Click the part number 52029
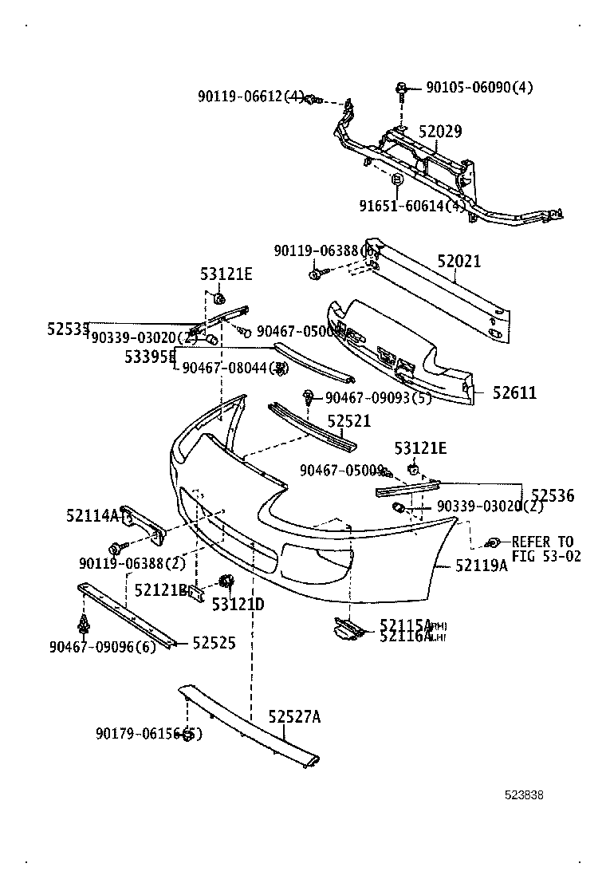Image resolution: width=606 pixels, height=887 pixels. [x=440, y=132]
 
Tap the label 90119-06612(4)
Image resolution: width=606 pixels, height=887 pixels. [x=251, y=97]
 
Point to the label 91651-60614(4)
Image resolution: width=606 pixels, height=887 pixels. [x=412, y=206]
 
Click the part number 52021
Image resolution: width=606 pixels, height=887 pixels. [x=458, y=262]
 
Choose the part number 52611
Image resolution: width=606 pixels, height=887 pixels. [x=514, y=392]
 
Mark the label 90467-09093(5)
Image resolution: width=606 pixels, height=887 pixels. [x=378, y=396]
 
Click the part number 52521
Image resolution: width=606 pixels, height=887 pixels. [x=349, y=420]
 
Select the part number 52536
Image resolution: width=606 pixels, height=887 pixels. [x=553, y=496]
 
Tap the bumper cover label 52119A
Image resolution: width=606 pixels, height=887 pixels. [x=482, y=566]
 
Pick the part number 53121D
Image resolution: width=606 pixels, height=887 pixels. [x=238, y=605]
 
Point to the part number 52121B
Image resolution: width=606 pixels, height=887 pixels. [x=160, y=590]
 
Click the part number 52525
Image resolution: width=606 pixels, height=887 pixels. [x=214, y=642]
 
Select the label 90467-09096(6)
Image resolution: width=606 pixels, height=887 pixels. [x=103, y=647]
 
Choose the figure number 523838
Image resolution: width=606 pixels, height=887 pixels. [x=523, y=794]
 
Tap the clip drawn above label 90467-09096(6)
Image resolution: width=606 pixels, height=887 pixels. [x=83, y=621]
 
